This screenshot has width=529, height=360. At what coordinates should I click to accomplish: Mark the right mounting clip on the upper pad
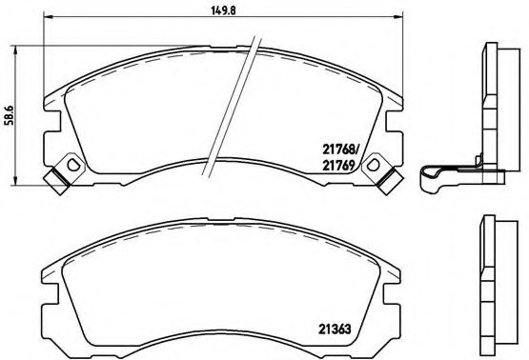(x=384, y=172)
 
